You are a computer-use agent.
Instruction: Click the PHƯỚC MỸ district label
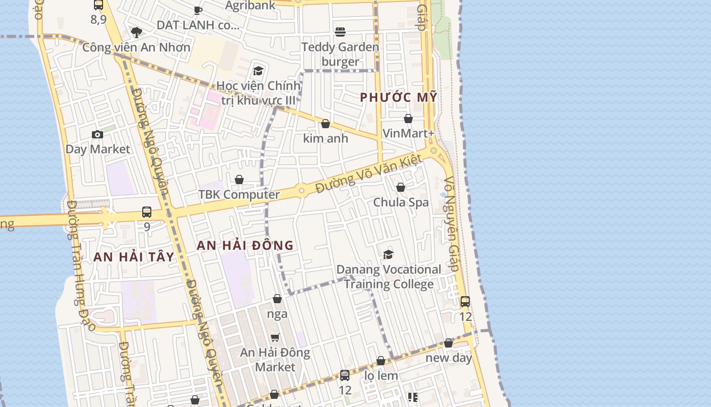[399, 97]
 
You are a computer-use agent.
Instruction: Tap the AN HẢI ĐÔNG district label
[245, 245]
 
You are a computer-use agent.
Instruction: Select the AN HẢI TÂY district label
[134, 257]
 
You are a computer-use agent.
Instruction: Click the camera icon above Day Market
[98, 134]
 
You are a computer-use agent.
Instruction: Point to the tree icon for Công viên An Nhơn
[136, 33]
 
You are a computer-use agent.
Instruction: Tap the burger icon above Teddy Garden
[340, 32]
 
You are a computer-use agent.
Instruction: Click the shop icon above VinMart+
[408, 119]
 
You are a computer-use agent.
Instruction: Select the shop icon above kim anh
[326, 124]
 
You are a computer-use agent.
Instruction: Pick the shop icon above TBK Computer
[239, 180]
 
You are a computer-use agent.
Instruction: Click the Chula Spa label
[401, 202]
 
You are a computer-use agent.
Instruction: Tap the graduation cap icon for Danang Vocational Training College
[389, 254]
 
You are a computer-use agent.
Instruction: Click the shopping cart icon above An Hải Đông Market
[275, 337]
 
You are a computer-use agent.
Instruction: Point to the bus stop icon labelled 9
[147, 212]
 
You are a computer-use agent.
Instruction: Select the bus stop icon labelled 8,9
[99, 5]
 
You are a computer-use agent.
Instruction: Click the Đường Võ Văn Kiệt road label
[369, 174]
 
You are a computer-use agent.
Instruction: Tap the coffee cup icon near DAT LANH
[198, 10]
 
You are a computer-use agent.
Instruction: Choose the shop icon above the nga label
[277, 299]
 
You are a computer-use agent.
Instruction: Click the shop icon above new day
[448, 343]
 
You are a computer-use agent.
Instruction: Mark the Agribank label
[250, 6]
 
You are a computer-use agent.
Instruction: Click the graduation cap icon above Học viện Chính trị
[258, 71]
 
